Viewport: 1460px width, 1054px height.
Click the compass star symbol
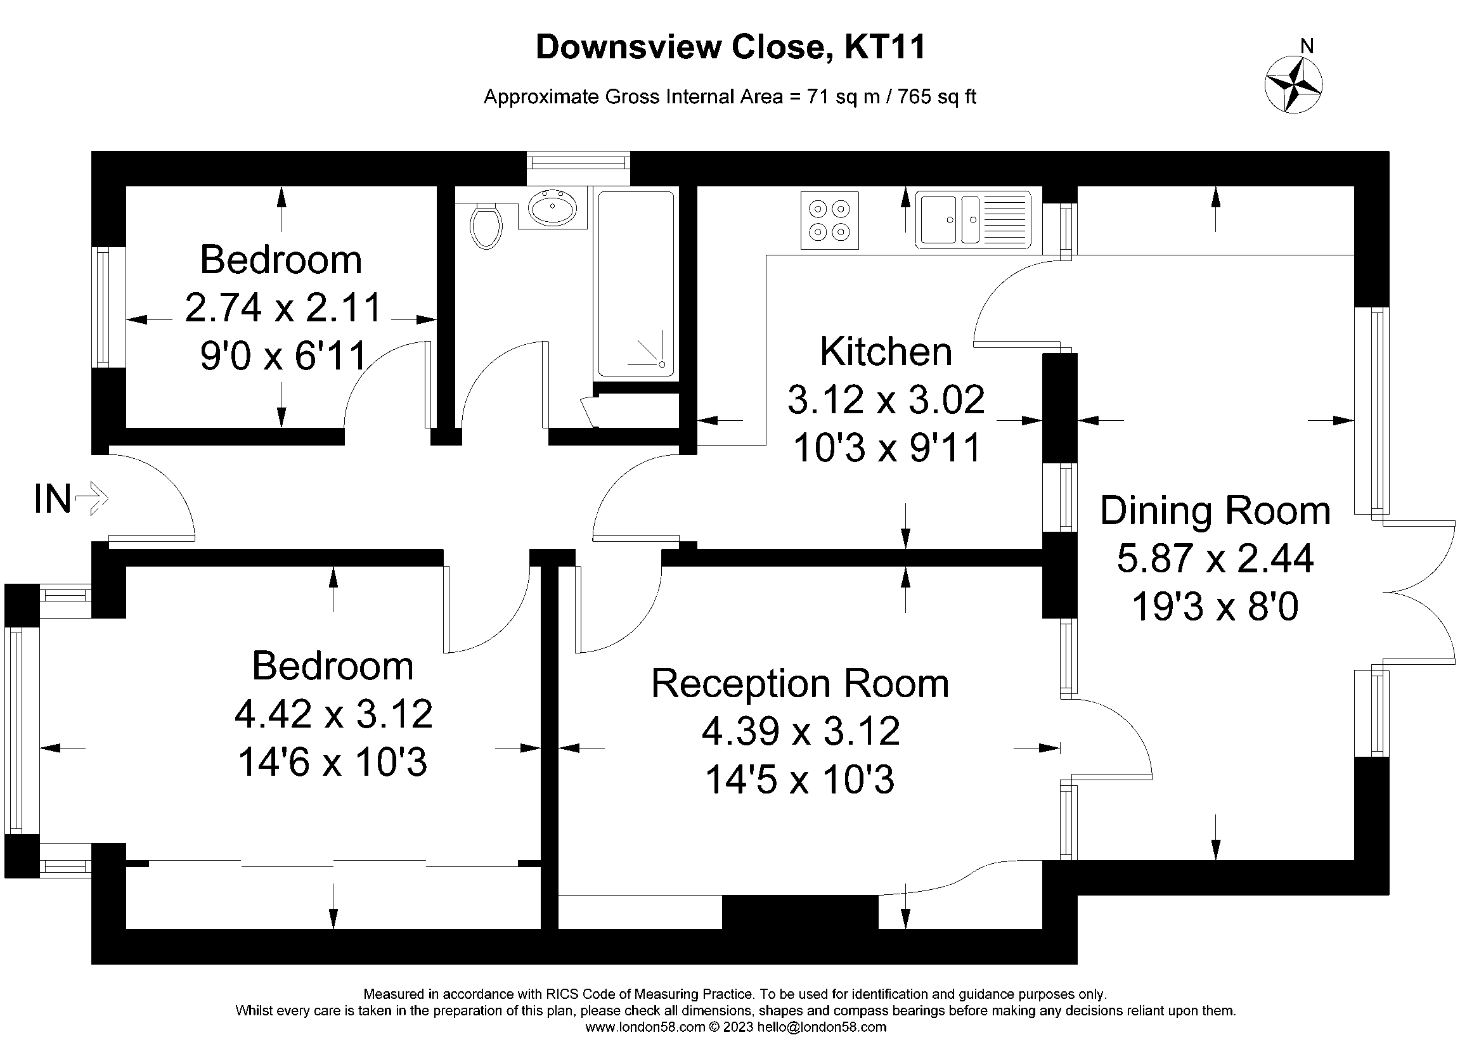tap(1293, 85)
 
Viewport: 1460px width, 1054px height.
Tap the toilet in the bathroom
tap(486, 226)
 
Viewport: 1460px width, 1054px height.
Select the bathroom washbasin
tap(552, 207)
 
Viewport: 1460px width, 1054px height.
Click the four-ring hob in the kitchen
tap(829, 220)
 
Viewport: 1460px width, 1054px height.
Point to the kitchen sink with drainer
tap(972, 219)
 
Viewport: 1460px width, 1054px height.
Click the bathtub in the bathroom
tap(636, 283)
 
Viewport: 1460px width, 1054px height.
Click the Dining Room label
tap(1215, 511)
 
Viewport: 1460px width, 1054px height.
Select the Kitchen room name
tap(885, 351)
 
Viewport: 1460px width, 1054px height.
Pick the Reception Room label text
tap(799, 683)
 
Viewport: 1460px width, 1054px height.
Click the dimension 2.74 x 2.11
tap(283, 307)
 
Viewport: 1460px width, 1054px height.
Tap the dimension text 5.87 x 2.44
tap(1215, 558)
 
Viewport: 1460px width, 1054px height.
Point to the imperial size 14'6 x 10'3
tap(332, 762)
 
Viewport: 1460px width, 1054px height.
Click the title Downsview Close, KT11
tap(730, 47)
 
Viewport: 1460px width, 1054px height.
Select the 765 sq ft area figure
tap(936, 97)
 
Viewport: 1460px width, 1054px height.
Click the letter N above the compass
tap(1307, 46)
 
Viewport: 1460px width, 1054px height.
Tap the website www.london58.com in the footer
tap(645, 1027)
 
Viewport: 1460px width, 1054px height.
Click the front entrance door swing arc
tap(164, 489)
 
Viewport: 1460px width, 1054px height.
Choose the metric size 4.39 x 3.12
tap(800, 731)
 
